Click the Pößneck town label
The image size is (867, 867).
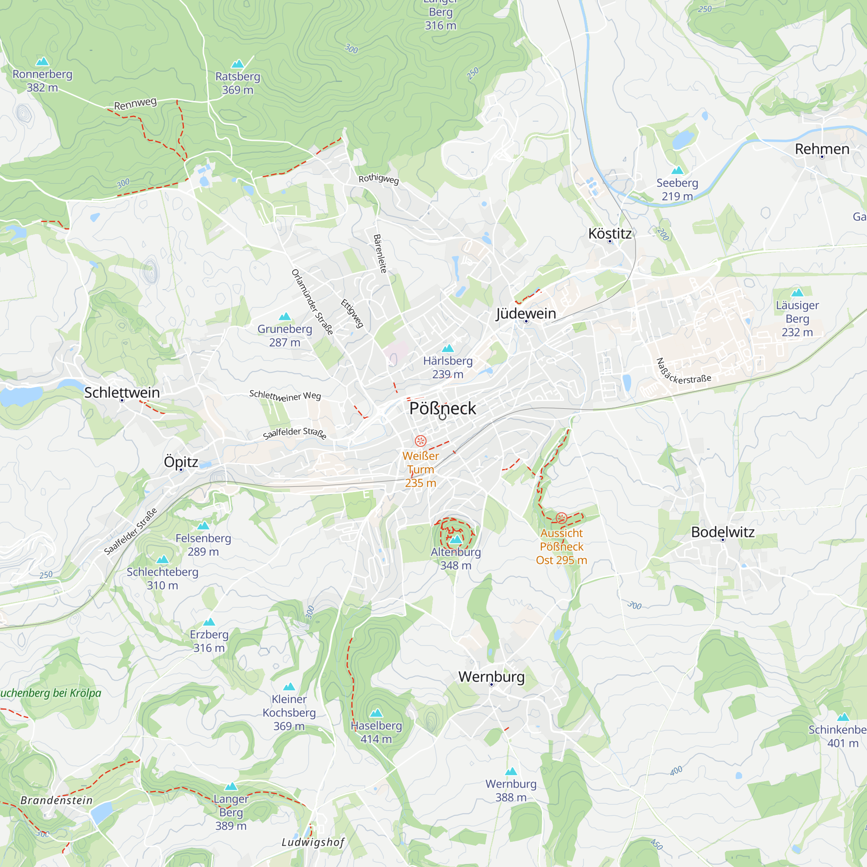[443, 408]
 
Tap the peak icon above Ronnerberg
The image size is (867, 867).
[42, 61]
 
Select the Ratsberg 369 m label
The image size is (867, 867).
[238, 83]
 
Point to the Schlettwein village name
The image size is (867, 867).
[122, 392]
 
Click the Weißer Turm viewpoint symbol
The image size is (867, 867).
[420, 441]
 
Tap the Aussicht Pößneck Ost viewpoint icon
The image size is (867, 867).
[561, 518]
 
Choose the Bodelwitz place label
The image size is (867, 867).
[723, 532]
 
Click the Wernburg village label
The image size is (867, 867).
[492, 676]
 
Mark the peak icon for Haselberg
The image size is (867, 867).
[376, 713]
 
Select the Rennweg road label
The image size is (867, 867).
[135, 104]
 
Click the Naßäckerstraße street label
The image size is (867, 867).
[683, 372]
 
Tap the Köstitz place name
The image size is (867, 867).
[610, 233]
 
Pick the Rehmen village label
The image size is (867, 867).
[821, 149]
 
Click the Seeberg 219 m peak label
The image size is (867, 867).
[677, 189]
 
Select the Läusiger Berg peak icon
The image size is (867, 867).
[797, 293]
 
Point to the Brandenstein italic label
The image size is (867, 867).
[56, 800]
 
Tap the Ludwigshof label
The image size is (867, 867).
[313, 842]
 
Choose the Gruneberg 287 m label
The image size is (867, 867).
[284, 335]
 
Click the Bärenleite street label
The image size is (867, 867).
[380, 254]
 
